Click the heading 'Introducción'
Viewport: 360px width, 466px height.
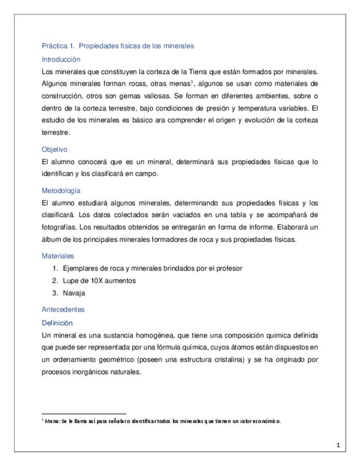(61, 59)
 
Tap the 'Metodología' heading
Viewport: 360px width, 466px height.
(61, 191)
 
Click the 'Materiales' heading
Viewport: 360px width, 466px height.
(58, 256)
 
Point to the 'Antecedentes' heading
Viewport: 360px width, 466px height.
(63, 309)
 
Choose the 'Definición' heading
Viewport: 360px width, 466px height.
(57, 323)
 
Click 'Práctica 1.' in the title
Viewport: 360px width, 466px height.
(58, 46)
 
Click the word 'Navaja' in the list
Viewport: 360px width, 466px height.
(74, 293)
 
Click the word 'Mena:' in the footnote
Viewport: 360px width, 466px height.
(52, 421)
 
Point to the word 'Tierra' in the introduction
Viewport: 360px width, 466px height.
(203, 71)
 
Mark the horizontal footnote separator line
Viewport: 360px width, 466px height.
(84, 413)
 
